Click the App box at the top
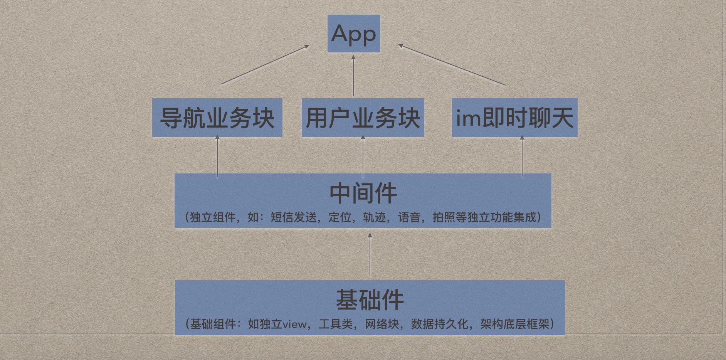(x=353, y=34)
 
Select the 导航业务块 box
(x=217, y=118)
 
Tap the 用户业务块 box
(x=363, y=118)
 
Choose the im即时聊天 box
(x=514, y=118)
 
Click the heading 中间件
(x=363, y=193)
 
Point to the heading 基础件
(x=370, y=300)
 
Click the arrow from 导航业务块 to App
(x=265, y=65)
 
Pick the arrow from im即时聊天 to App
(x=452, y=65)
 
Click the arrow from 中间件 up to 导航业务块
(x=217, y=156)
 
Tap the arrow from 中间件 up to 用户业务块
(x=363, y=156)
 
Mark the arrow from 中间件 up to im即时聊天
(x=522, y=156)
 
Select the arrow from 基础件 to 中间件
(x=370, y=254)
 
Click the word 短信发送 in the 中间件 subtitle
(x=294, y=217)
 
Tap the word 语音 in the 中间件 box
(x=409, y=217)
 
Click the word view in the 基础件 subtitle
(x=295, y=324)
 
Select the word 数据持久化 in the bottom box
(x=439, y=324)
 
